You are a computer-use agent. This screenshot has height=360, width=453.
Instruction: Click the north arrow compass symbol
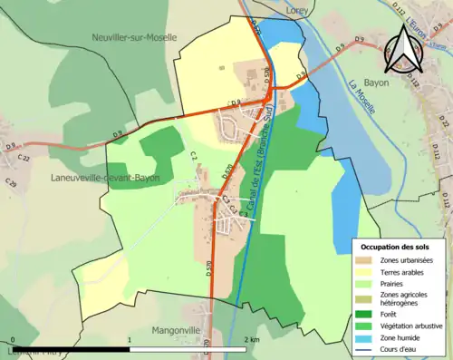406,53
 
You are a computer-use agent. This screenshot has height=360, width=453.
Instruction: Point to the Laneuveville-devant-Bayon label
107,178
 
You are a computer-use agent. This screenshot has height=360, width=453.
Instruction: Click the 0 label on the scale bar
12,338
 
